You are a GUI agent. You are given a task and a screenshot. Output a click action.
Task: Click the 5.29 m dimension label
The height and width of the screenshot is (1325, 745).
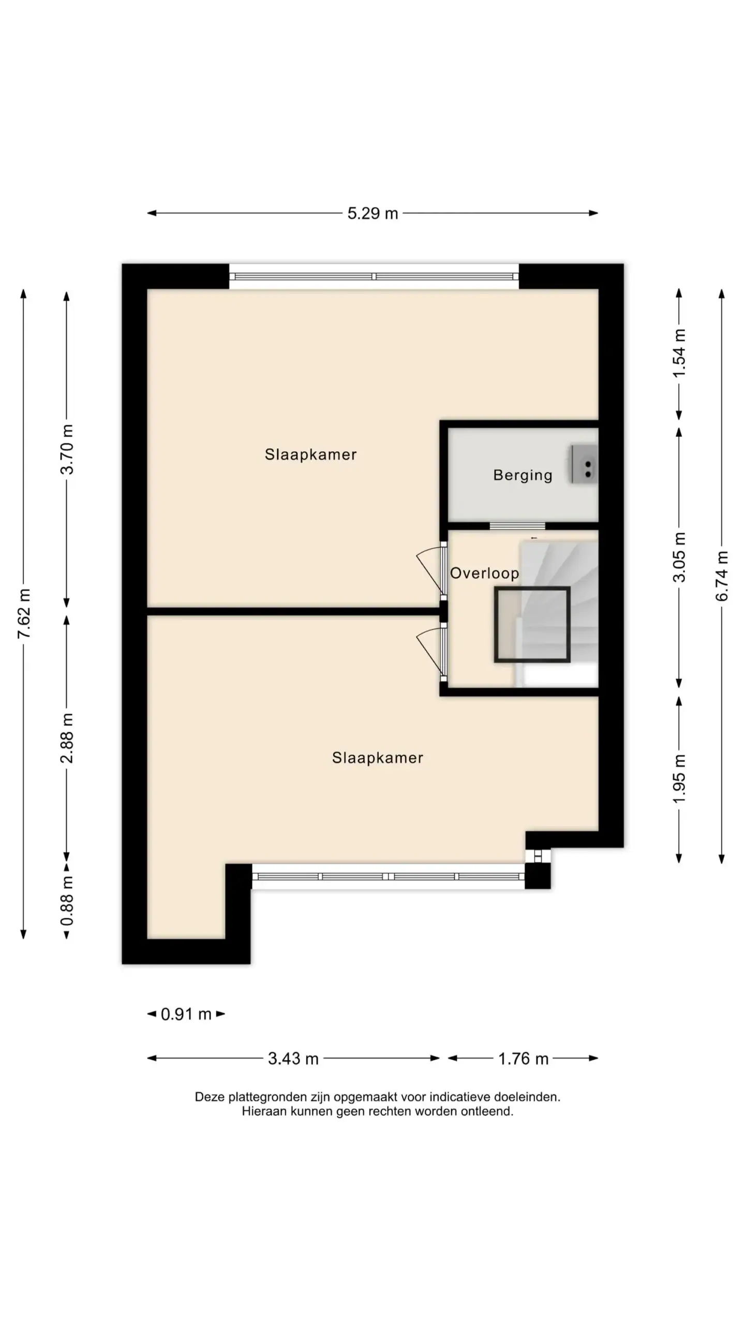373,213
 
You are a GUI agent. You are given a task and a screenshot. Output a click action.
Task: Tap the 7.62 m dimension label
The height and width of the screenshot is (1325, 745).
24,613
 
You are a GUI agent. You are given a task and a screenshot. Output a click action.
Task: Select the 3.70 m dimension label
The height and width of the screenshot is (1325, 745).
67,449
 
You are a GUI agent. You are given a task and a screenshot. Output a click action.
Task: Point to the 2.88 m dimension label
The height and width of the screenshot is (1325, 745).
67,738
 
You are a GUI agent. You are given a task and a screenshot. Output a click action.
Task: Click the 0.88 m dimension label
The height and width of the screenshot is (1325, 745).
67,901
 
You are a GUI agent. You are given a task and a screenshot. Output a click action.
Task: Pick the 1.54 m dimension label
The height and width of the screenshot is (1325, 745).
680,352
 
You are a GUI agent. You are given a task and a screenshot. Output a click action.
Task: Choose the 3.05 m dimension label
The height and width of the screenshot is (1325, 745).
680,557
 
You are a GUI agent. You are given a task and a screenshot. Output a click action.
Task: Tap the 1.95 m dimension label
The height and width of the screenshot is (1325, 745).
680,779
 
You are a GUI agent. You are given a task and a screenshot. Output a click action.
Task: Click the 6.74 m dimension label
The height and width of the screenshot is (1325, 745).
722,576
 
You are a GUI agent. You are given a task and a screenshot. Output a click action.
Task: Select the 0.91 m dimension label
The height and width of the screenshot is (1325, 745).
186,1014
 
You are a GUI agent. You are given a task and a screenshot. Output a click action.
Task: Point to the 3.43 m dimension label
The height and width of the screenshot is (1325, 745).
293,1058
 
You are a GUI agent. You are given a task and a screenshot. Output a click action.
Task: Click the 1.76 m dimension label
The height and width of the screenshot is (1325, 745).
523,1058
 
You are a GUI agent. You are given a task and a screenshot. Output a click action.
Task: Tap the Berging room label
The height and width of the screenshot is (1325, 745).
523,475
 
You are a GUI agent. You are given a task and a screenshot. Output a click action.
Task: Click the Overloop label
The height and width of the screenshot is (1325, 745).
484,573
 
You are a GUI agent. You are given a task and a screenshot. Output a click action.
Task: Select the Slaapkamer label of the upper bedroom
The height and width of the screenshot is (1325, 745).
310,454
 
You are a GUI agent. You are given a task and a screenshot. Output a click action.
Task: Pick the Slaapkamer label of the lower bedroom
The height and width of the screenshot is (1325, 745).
378,758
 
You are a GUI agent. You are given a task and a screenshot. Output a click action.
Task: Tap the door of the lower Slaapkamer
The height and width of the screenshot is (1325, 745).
431,652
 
